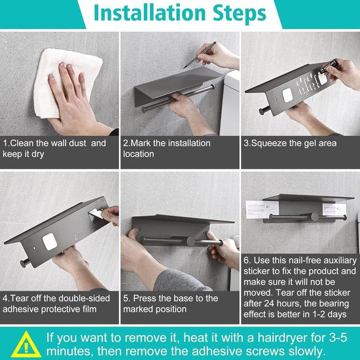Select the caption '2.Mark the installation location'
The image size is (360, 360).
click(x=168, y=149)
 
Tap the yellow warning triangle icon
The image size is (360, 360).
click(x=23, y=343)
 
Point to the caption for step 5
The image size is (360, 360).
click(x=171, y=303)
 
